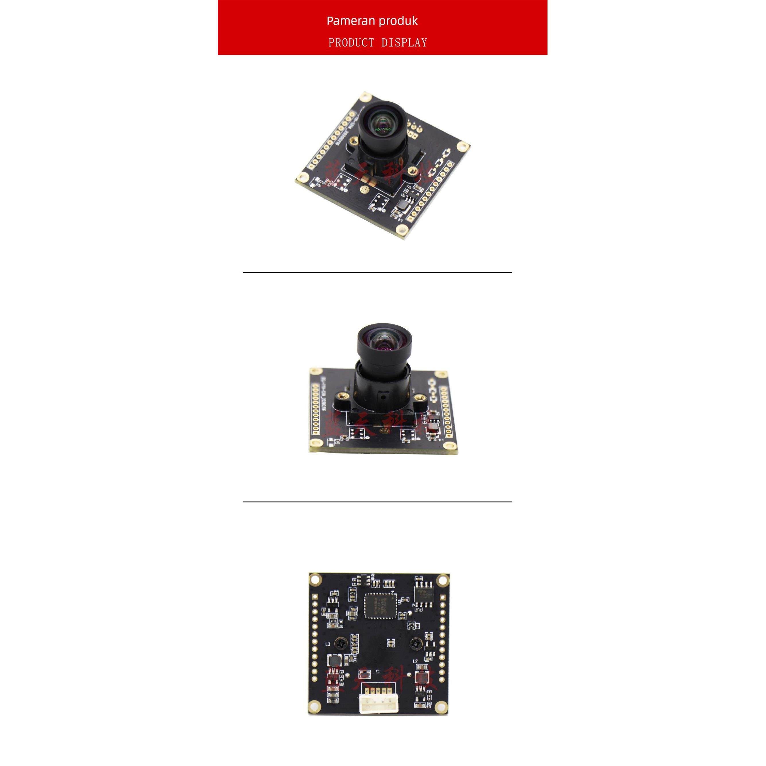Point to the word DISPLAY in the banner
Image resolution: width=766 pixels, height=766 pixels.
click(x=404, y=43)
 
